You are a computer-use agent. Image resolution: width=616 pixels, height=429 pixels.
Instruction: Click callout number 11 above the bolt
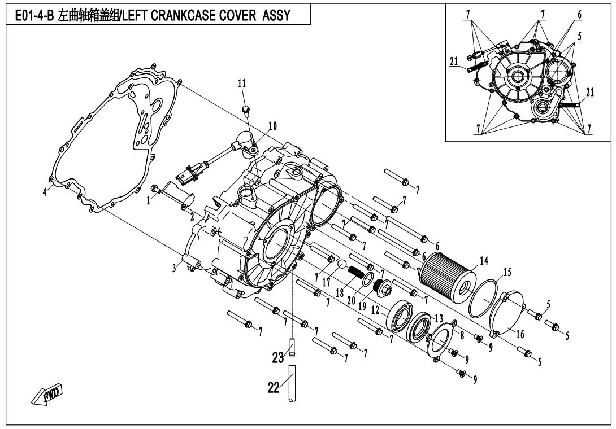coord(242,84)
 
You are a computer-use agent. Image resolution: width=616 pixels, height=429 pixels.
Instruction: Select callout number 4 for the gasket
coord(45,192)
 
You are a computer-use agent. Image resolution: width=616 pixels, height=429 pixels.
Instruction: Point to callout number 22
coord(274,387)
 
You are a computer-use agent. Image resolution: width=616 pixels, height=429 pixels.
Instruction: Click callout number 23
coord(277,357)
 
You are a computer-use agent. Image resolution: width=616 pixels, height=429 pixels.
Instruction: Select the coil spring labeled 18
coord(354,271)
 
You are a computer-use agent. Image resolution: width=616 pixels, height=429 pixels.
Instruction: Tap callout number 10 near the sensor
coord(272,126)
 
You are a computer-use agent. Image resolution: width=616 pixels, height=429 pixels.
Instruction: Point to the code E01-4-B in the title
coord(33,15)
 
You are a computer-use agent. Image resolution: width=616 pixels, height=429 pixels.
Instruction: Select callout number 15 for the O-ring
coord(507,272)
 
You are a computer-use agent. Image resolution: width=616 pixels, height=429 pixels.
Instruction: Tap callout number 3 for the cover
coord(174,268)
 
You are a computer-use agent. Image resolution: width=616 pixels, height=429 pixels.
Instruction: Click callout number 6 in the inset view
coord(579,15)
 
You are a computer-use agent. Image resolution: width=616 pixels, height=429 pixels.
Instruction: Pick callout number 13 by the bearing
coord(439,318)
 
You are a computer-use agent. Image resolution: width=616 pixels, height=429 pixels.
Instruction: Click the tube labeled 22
coord(292,383)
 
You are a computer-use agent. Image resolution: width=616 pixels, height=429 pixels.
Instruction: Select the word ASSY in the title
coord(276,15)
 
